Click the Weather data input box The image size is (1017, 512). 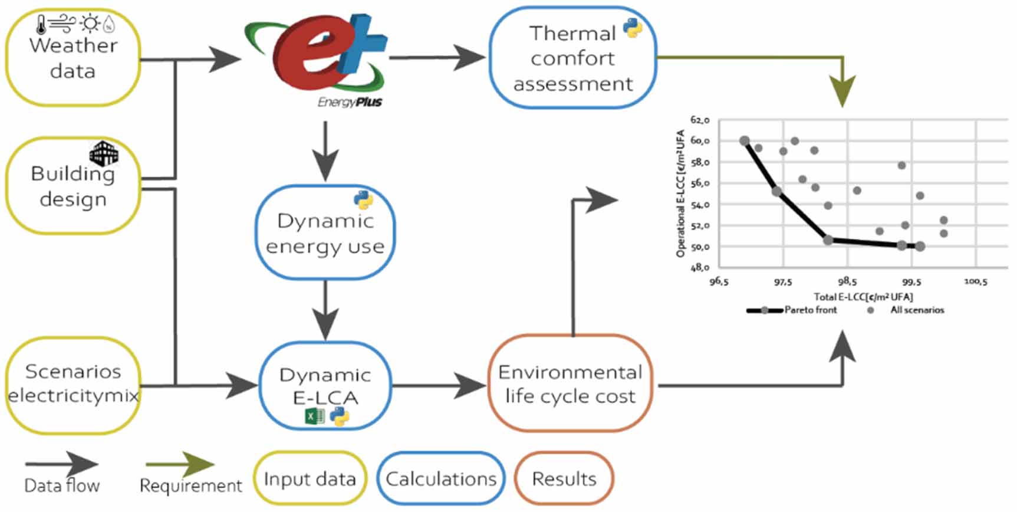73,58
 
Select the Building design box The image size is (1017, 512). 73,186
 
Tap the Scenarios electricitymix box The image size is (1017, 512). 73,385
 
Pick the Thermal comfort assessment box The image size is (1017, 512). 572,58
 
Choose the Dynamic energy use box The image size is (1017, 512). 325,232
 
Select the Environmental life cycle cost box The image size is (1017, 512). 570,383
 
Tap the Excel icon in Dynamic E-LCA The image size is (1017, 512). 314,416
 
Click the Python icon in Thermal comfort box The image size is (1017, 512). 633,28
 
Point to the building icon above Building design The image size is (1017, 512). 104,153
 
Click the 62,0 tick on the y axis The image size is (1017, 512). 699,120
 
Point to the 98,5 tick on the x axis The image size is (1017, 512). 847,281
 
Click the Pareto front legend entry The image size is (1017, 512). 793,310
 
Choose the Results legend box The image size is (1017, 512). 564,478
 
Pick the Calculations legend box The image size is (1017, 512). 440,478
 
